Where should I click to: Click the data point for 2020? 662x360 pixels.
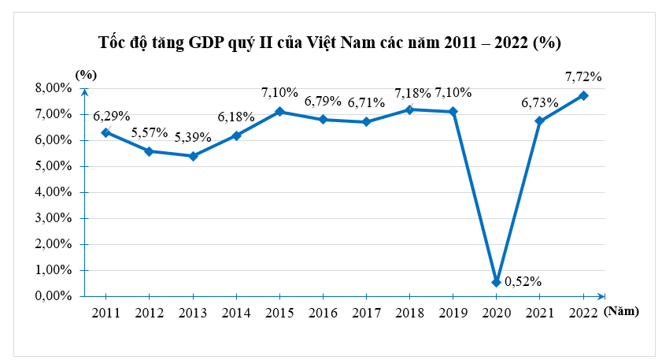tap(496, 282)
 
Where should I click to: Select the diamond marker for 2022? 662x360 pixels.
tap(583, 95)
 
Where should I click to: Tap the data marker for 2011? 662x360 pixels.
tap(105, 132)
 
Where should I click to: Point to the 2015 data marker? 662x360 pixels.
tap(279, 112)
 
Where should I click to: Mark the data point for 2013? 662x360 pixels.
tap(193, 156)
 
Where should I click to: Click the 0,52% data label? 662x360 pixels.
tap(523, 281)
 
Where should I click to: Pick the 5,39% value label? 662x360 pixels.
tap(193, 137)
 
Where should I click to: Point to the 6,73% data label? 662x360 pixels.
tap(539, 102)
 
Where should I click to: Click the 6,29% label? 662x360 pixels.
tap(111, 115)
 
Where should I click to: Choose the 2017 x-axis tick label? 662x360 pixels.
tap(366, 313)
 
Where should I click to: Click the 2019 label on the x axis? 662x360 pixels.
tap(453, 313)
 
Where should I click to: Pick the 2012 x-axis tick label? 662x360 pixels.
tap(149, 313)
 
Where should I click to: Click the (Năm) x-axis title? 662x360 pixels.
tap(623, 312)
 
